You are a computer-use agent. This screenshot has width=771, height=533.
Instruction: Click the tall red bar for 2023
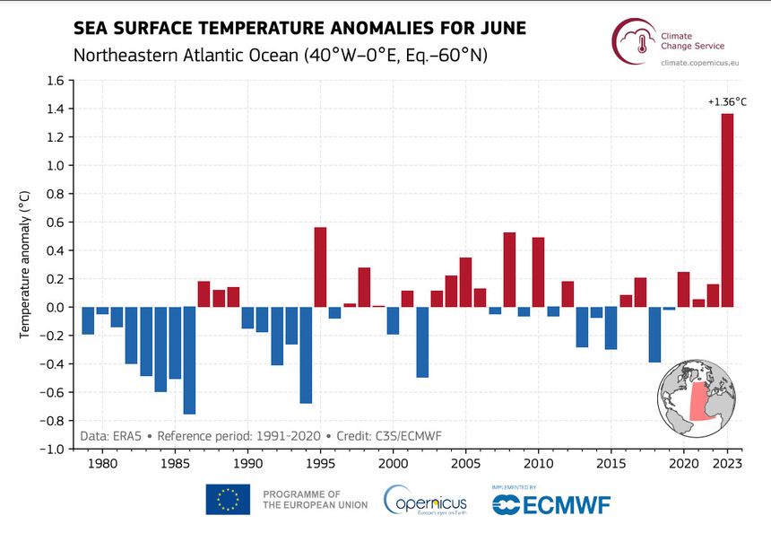pos(727,210)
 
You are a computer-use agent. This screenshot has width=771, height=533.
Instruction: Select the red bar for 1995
pos(320,267)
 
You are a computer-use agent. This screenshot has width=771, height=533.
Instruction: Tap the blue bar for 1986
pos(189,360)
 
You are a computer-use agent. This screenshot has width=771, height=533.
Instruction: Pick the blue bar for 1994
pos(306,354)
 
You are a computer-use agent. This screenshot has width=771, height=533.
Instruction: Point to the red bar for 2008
pos(509,270)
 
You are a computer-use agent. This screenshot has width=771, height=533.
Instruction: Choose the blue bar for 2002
pos(422,342)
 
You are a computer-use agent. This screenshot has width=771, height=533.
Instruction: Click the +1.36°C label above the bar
pos(727,102)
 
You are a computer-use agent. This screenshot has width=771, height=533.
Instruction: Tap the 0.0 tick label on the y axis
pos(56,307)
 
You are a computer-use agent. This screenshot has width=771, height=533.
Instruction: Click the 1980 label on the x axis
pos(102,464)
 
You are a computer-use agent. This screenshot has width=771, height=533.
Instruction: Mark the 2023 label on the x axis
pos(727,464)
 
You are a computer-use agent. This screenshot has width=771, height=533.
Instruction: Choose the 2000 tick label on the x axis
pos(393,464)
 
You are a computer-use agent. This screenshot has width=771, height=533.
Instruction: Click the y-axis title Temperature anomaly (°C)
pos(24,265)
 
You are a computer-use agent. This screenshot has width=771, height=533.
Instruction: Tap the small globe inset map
pos(697,398)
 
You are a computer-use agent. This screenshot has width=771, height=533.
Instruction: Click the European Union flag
pos(228,500)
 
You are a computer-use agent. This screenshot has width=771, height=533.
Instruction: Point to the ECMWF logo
pos(551,505)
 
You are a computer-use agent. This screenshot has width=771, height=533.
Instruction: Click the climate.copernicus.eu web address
pos(699,63)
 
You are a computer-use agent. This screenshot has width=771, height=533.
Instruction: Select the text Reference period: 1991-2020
pos(238,436)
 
